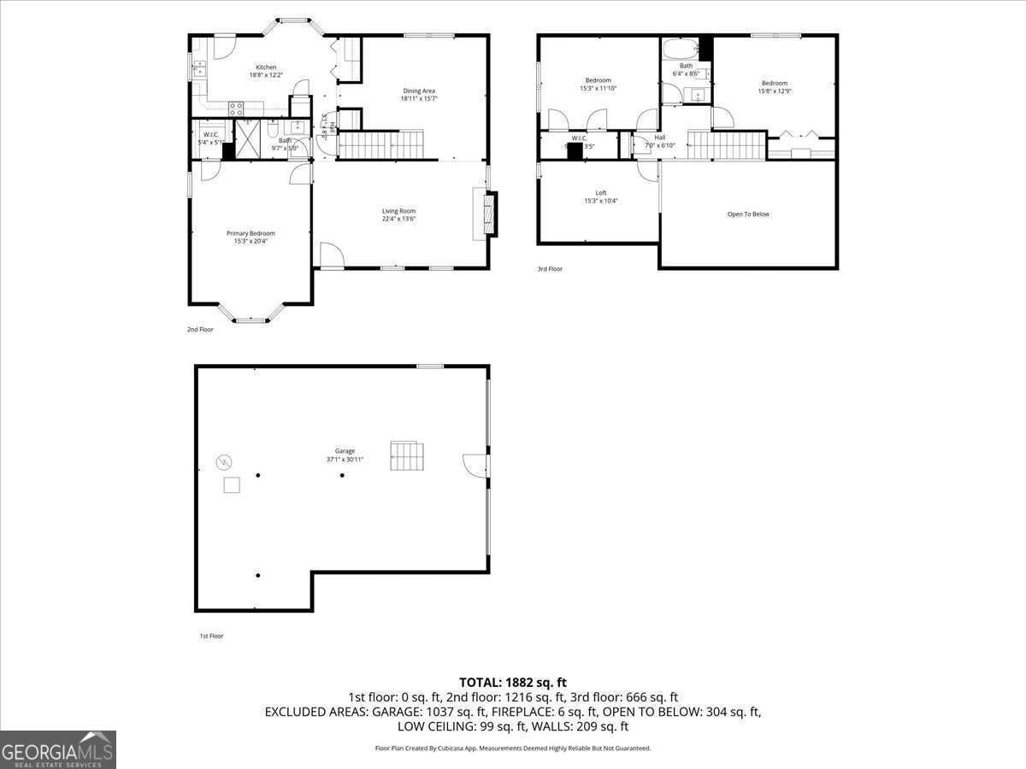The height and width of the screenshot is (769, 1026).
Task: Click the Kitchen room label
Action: [x=266, y=68]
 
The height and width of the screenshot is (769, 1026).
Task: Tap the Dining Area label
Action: [x=419, y=91]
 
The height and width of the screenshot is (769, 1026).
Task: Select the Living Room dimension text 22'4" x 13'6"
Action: [x=398, y=219]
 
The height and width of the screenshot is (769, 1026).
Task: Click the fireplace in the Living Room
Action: [x=488, y=214]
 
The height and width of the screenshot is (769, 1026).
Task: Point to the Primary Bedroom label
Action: [x=251, y=233]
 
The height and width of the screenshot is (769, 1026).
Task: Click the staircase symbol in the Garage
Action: [x=406, y=455]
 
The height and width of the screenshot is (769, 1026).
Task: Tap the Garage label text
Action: [x=345, y=451]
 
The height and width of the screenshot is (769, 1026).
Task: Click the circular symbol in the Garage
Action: [x=223, y=462]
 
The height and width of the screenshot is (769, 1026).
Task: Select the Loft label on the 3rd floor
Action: [x=601, y=193]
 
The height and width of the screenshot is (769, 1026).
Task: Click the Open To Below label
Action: [x=748, y=214]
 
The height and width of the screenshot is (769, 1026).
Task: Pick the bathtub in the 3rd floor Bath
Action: [x=681, y=48]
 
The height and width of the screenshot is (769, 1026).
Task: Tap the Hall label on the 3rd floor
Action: [x=659, y=138]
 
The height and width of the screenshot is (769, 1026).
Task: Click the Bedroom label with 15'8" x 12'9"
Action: [x=775, y=83]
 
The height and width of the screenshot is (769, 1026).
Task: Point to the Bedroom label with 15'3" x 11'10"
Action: [x=598, y=80]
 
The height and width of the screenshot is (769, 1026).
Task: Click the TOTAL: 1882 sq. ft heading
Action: [x=513, y=682]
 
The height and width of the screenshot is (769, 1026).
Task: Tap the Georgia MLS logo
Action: [x=58, y=749]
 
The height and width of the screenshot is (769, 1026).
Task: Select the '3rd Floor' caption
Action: [x=550, y=269]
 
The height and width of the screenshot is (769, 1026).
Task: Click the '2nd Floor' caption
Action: [x=200, y=329]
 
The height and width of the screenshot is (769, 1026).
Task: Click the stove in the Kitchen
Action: [x=236, y=108]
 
